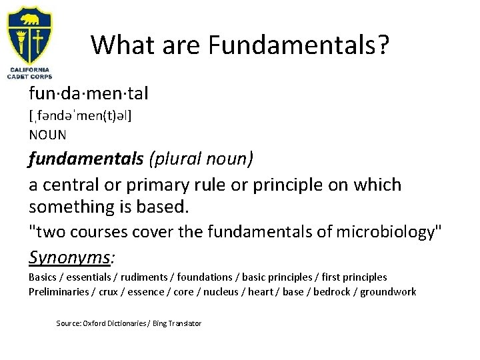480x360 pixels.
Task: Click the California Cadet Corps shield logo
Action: (31, 33)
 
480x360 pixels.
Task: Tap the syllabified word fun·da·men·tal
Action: (89, 94)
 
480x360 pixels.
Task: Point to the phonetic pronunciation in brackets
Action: (81, 116)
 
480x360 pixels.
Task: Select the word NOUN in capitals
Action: (48, 135)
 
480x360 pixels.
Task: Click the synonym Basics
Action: (42, 277)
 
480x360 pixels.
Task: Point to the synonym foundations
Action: (197, 277)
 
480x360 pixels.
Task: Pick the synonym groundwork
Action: (388, 291)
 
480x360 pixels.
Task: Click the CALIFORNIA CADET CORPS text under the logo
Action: (31, 73)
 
